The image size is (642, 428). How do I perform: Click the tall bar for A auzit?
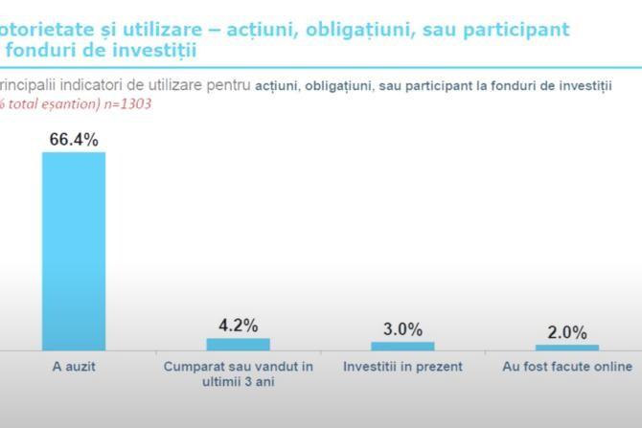[x=74, y=251]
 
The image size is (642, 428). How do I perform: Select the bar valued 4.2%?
[x=239, y=344]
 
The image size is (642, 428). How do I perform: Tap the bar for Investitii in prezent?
[x=402, y=346]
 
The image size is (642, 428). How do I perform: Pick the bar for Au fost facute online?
[x=567, y=348]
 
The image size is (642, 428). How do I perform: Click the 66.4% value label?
[x=74, y=140]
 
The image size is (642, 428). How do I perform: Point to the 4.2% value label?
[x=239, y=325]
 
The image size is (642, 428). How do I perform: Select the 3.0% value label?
[x=402, y=329]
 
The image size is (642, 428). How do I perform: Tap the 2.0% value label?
[x=567, y=332]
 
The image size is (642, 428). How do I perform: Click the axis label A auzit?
[x=74, y=367]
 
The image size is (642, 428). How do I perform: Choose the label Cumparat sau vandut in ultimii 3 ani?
[x=239, y=373]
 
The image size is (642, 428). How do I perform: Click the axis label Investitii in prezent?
[x=402, y=367]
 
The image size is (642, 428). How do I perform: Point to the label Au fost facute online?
[x=567, y=367]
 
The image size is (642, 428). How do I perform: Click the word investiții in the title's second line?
[x=152, y=49]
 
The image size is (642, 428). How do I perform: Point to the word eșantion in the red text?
[x=69, y=104]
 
